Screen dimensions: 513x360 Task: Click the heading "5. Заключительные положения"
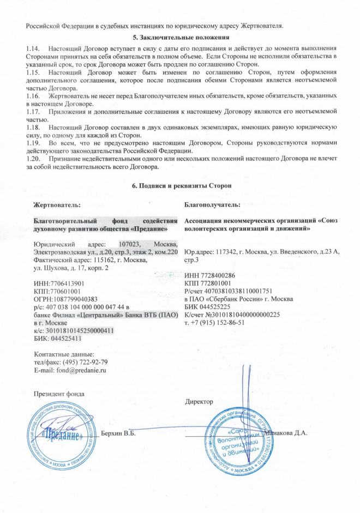coord(181,37)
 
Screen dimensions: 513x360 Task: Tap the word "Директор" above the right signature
coord(199,402)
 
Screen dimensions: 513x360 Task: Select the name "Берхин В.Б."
coord(118,433)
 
